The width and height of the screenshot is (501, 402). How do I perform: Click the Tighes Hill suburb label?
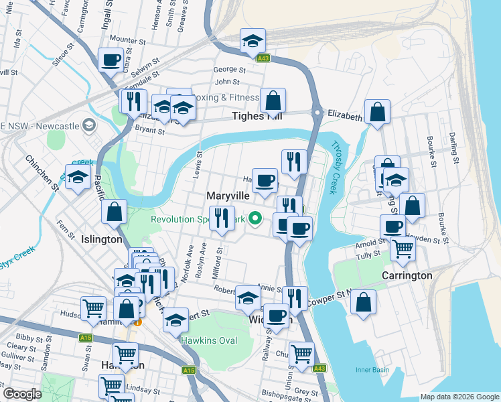[257, 117]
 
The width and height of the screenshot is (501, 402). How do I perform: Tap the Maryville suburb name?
[228, 195]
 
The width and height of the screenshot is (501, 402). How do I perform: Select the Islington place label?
[101, 239]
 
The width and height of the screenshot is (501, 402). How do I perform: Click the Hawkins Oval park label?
[209, 340]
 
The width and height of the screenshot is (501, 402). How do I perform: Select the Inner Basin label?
[372, 369]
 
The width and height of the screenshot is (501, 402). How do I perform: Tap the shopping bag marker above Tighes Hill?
[273, 100]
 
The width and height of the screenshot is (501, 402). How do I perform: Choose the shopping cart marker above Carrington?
[402, 249]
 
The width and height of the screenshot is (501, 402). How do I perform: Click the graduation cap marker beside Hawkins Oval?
[176, 321]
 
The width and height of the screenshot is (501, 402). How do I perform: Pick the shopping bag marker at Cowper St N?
[362, 301]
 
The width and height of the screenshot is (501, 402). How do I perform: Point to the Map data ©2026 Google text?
[459, 397]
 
